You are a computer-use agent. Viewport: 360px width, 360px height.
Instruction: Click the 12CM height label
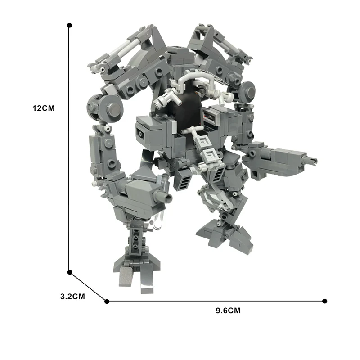pyautogui.click(x=43, y=108)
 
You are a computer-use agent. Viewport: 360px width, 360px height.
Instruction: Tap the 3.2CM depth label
pyautogui.click(x=72, y=297)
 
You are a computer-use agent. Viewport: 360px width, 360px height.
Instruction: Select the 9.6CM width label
pyautogui.click(x=228, y=310)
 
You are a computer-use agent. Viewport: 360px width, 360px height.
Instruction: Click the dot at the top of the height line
pyautogui.click(x=69, y=25)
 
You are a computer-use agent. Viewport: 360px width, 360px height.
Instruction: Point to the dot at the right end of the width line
pyautogui.click(x=324, y=301)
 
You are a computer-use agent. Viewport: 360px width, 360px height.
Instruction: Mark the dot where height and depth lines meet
pyautogui.click(x=70, y=272)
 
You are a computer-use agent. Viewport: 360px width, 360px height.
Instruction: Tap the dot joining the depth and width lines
pyautogui.click(x=107, y=301)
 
